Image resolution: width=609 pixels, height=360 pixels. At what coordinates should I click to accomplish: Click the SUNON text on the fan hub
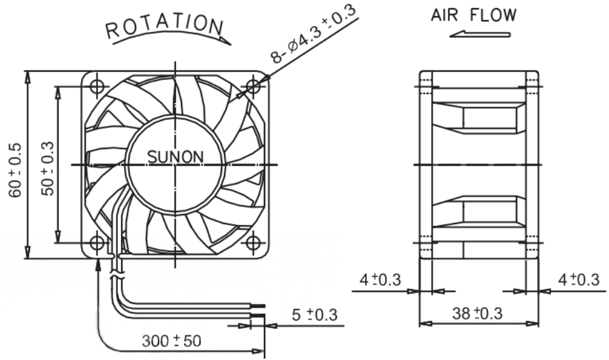[x=175, y=157]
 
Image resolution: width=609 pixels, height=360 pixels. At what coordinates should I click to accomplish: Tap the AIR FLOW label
[x=474, y=15]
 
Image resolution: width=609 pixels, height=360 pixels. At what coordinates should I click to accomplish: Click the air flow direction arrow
[x=480, y=34]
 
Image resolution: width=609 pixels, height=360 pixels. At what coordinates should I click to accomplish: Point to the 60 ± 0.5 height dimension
[x=16, y=170]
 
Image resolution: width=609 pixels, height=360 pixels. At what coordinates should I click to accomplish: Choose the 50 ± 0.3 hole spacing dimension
[x=47, y=168]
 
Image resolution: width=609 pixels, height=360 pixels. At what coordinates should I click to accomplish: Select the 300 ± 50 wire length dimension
[x=172, y=341]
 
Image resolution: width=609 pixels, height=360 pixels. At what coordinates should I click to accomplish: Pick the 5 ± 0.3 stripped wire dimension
[x=314, y=314]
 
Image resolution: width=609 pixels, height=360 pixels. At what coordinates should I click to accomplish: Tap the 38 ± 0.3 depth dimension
[x=477, y=313]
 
